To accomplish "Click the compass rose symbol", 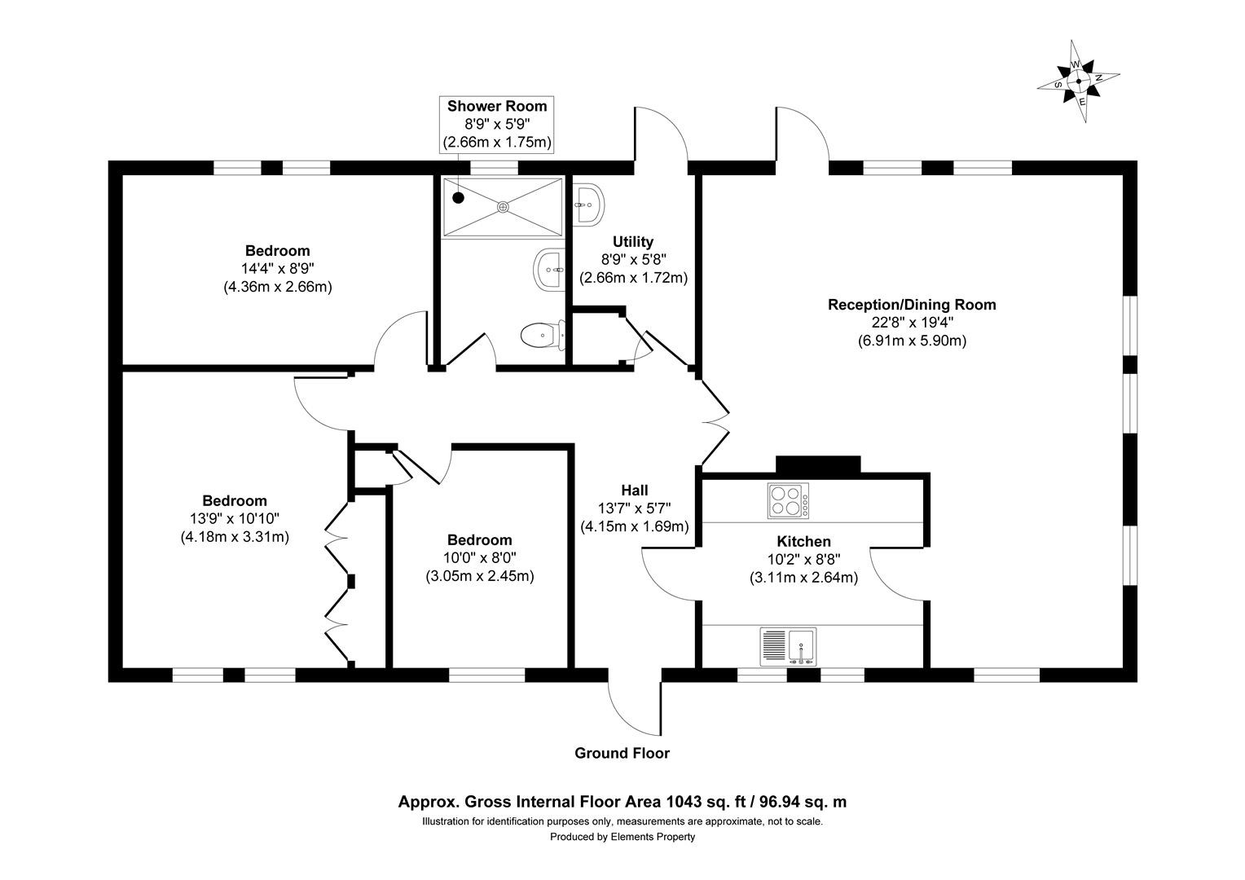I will (x=1078, y=81).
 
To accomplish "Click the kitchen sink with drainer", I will (x=788, y=646).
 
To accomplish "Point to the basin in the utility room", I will (x=587, y=204).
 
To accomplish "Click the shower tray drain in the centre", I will (x=503, y=207).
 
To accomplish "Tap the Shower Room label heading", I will (x=497, y=106).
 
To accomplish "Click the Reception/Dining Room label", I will (x=912, y=305).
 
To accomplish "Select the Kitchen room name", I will (x=803, y=541).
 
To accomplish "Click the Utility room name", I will (x=633, y=241).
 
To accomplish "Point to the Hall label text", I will (x=635, y=490).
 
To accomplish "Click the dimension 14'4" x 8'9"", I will (x=277, y=269).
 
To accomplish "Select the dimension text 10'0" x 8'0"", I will (x=479, y=558).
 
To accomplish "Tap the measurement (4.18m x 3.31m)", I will (x=235, y=537).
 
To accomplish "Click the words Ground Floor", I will (x=622, y=753).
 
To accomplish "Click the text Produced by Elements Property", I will (x=622, y=837).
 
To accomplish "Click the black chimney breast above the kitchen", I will (x=818, y=464).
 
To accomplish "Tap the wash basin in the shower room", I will (x=548, y=269).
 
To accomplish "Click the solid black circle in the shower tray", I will (x=458, y=196).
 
